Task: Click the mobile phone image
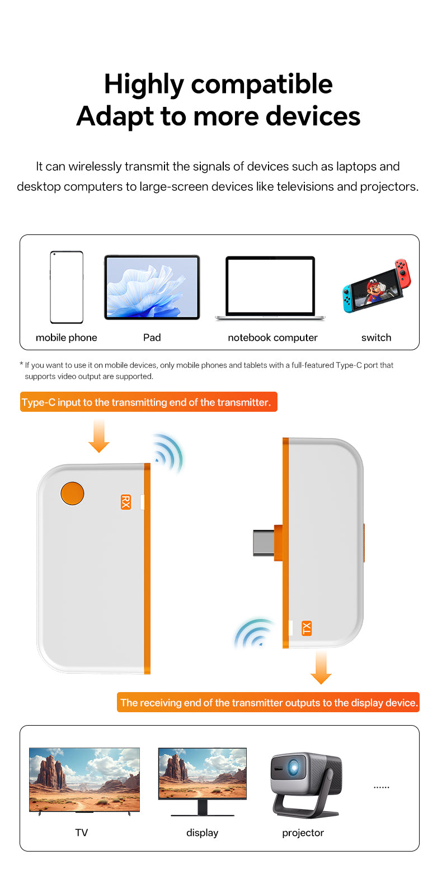[67, 287]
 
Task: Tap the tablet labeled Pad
[152, 288]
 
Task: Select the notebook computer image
[270, 289]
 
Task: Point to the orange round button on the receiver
[72, 493]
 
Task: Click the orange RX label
[126, 502]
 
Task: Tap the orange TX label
[306, 628]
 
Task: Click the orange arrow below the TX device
[321, 667]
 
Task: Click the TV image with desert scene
[84, 780]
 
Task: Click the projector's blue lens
[293, 768]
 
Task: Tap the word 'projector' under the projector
[303, 833]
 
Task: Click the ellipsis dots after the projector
[381, 787]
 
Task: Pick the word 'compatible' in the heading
[261, 84]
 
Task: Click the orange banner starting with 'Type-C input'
[148, 402]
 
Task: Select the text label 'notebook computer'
[272, 337]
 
